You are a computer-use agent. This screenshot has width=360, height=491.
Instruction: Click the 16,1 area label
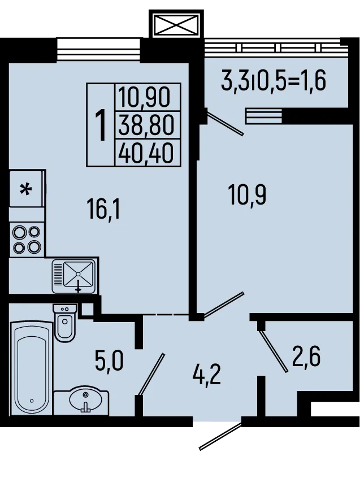tap(105, 211)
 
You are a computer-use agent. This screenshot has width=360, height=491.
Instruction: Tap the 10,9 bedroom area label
tap(247, 195)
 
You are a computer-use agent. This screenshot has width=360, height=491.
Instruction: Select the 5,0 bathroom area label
tap(109, 359)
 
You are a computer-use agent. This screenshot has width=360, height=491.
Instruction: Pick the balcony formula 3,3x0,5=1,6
tap(274, 82)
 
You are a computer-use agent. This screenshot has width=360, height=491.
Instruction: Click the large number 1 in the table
tap(101, 125)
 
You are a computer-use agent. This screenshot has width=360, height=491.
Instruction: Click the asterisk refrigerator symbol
tap(26, 189)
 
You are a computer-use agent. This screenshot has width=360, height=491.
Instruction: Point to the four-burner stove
tap(27, 239)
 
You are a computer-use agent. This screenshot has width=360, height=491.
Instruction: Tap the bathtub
tap(31, 367)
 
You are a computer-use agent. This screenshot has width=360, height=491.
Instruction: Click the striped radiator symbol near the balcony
tap(263, 116)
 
